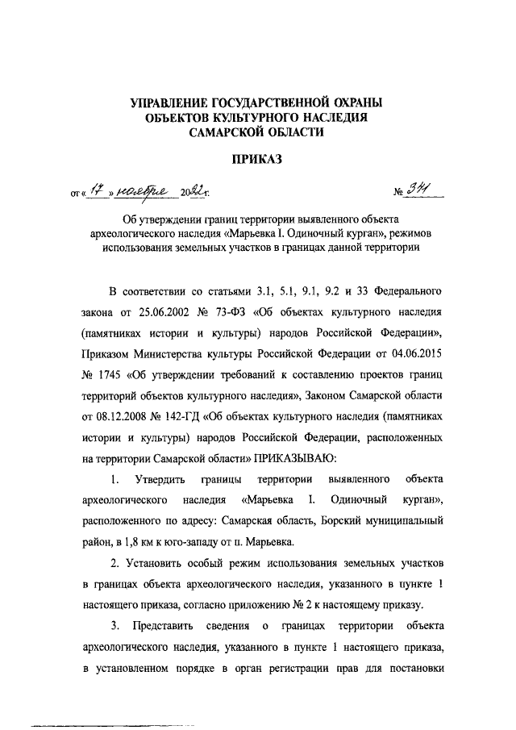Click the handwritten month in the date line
tap(138, 190)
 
